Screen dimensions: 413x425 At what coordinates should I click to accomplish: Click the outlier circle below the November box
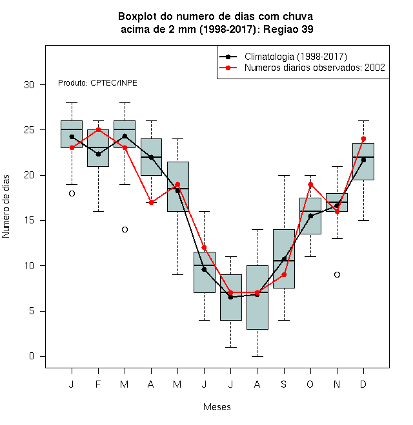click(337, 274)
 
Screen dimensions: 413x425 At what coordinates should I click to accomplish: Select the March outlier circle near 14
click(125, 230)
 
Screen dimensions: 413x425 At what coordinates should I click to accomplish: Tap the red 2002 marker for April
click(152, 202)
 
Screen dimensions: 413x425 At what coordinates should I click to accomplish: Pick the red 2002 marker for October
click(310, 184)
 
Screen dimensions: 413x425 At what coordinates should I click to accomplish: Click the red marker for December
click(363, 139)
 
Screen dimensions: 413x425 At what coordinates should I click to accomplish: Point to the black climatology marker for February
click(98, 155)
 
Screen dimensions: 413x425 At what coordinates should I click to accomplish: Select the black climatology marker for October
click(310, 216)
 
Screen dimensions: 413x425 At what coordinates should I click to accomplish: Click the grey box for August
click(257, 297)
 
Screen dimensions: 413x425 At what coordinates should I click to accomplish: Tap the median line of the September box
click(284, 261)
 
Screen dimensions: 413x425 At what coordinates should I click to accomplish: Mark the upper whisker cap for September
click(284, 175)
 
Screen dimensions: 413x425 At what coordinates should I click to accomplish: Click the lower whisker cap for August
click(257, 356)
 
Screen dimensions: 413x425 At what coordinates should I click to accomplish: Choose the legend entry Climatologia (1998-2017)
click(283, 57)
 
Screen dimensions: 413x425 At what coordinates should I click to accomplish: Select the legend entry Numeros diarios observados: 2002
click(302, 68)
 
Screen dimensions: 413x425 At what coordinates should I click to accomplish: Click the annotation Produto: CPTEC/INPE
click(97, 83)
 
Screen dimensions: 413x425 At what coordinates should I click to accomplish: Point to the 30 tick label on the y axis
click(29, 85)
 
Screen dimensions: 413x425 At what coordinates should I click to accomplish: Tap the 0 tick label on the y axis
click(32, 356)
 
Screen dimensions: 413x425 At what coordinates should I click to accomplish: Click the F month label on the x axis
click(98, 384)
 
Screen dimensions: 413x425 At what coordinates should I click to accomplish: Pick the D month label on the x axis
click(363, 384)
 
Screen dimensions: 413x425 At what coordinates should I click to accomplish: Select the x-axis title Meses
click(217, 407)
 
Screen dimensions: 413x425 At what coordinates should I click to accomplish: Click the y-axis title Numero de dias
click(6, 207)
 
